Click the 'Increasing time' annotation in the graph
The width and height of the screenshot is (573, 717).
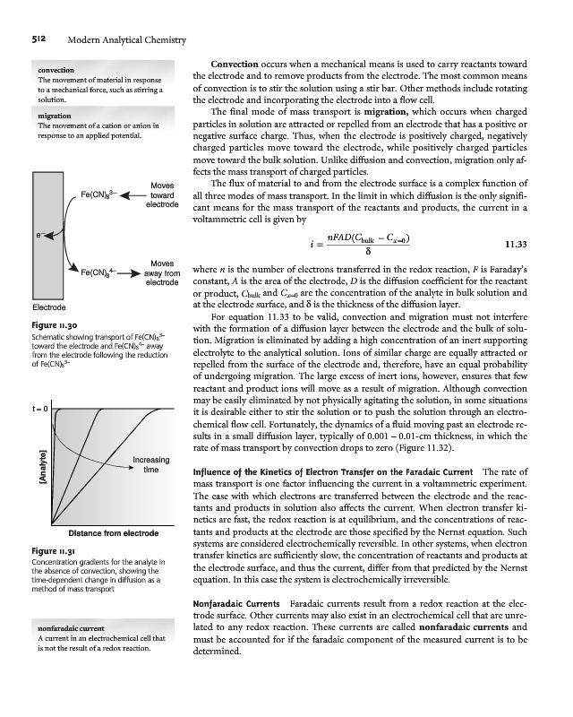(152, 464)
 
